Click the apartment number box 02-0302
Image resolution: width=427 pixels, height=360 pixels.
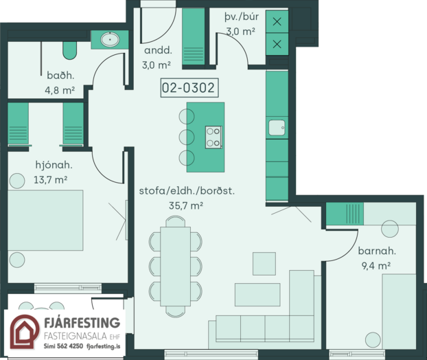pos(189,88)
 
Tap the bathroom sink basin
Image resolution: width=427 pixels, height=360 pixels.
pos(110,40)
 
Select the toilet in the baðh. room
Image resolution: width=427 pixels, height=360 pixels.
pos(70,50)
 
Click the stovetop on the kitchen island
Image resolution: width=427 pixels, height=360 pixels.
pos(213,137)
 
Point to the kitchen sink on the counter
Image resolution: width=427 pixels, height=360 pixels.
pos(277,128)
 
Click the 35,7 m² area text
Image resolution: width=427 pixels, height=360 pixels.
pos(186,205)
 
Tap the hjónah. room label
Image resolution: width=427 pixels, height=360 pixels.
pos(54,165)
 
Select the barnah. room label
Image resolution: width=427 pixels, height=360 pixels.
pos(377,251)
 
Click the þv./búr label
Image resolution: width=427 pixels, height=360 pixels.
pos(242,17)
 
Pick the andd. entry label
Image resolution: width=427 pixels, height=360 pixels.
pos(158,50)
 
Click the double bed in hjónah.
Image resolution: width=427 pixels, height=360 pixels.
pos(45,221)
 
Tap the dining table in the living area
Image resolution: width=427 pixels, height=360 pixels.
pos(175,267)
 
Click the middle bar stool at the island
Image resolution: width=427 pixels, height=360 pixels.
pos(187,137)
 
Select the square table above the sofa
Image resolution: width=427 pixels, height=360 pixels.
pos(264,264)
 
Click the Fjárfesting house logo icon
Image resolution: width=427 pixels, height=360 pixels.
pos(24,332)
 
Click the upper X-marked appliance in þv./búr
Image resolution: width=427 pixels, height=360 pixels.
pos(277,21)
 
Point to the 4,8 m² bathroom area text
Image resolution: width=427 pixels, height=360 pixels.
pos(60,90)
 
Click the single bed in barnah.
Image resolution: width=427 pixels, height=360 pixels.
pos(399,311)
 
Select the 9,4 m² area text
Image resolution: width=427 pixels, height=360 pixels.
pos(376,266)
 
